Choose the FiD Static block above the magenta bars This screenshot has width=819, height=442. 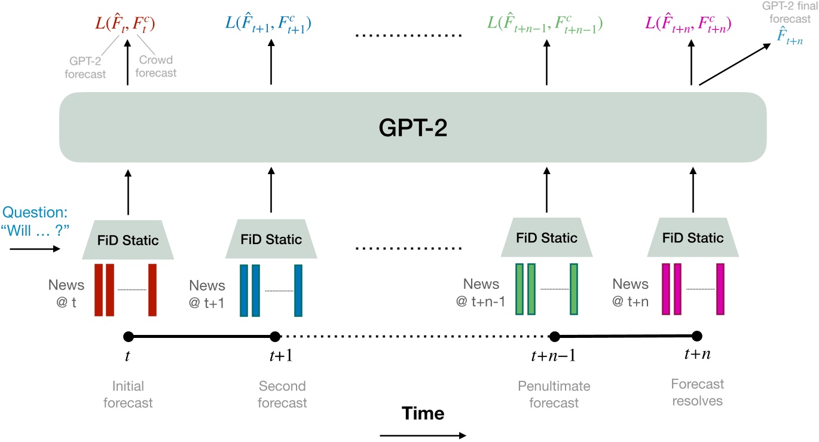click(693, 238)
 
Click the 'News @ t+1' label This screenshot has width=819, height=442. click(207, 294)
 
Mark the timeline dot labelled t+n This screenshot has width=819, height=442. click(696, 336)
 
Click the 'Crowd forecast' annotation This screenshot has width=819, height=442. click(157, 66)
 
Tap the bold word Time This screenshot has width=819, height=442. click(423, 413)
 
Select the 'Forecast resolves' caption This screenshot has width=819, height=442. click(697, 392)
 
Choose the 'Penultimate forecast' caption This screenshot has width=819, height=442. click(554, 394)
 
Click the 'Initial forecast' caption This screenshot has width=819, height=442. click(128, 394)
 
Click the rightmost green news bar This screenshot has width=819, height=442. click(574, 289)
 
